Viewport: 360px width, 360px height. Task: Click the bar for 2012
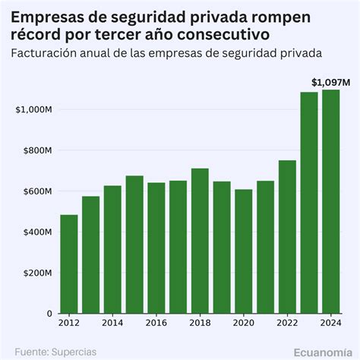point(69,264)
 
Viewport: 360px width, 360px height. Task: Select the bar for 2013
point(91,255)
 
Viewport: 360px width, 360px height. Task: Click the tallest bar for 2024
point(331,201)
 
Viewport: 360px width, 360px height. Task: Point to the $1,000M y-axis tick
point(33,110)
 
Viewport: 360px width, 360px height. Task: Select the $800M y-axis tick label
point(36,151)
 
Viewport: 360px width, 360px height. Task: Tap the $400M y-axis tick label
point(36,232)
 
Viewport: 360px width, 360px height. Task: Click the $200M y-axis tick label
point(36,273)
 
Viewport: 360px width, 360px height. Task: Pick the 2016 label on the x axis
point(156,324)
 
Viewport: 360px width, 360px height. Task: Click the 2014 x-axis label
point(112,324)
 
